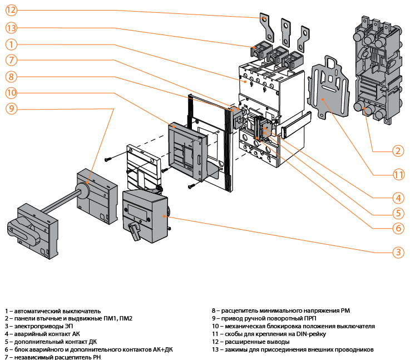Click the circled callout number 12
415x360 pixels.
(x=12, y=11)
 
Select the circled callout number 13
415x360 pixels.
(x=12, y=27)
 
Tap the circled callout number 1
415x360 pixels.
(x=12, y=43)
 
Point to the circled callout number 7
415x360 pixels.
(x=12, y=60)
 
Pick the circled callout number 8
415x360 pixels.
(x=12, y=76)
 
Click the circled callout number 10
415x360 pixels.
(x=12, y=92)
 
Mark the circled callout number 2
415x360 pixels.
(x=397, y=151)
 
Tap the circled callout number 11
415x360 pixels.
(x=397, y=174)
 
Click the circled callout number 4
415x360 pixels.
(x=397, y=197)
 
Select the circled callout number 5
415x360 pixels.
(x=397, y=213)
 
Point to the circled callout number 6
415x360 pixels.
(x=397, y=228)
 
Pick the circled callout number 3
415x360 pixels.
(x=397, y=252)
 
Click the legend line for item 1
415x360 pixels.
(x=53, y=310)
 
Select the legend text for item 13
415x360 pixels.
(x=292, y=349)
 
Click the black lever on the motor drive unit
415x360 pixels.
(x=134, y=230)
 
